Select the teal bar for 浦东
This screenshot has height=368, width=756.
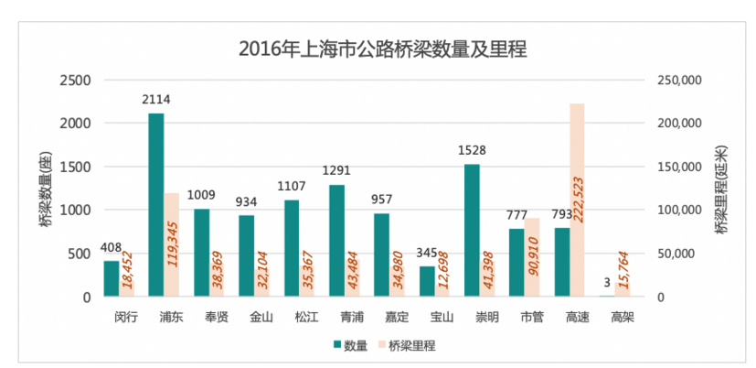[x=156, y=205]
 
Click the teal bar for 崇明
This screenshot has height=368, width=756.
[x=472, y=230]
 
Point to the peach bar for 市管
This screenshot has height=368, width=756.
[x=532, y=257]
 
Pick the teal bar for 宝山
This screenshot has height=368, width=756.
[x=427, y=281]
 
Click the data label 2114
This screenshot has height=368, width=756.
[x=156, y=100]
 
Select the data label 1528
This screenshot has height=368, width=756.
[x=472, y=151]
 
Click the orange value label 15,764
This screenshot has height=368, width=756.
[x=623, y=272]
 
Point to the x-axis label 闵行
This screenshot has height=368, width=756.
[x=126, y=318]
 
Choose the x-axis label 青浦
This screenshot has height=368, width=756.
[x=351, y=318]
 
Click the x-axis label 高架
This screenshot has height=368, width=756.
[x=622, y=318]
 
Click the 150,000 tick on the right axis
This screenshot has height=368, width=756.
[x=679, y=167]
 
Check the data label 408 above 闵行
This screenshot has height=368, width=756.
[x=112, y=247]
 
